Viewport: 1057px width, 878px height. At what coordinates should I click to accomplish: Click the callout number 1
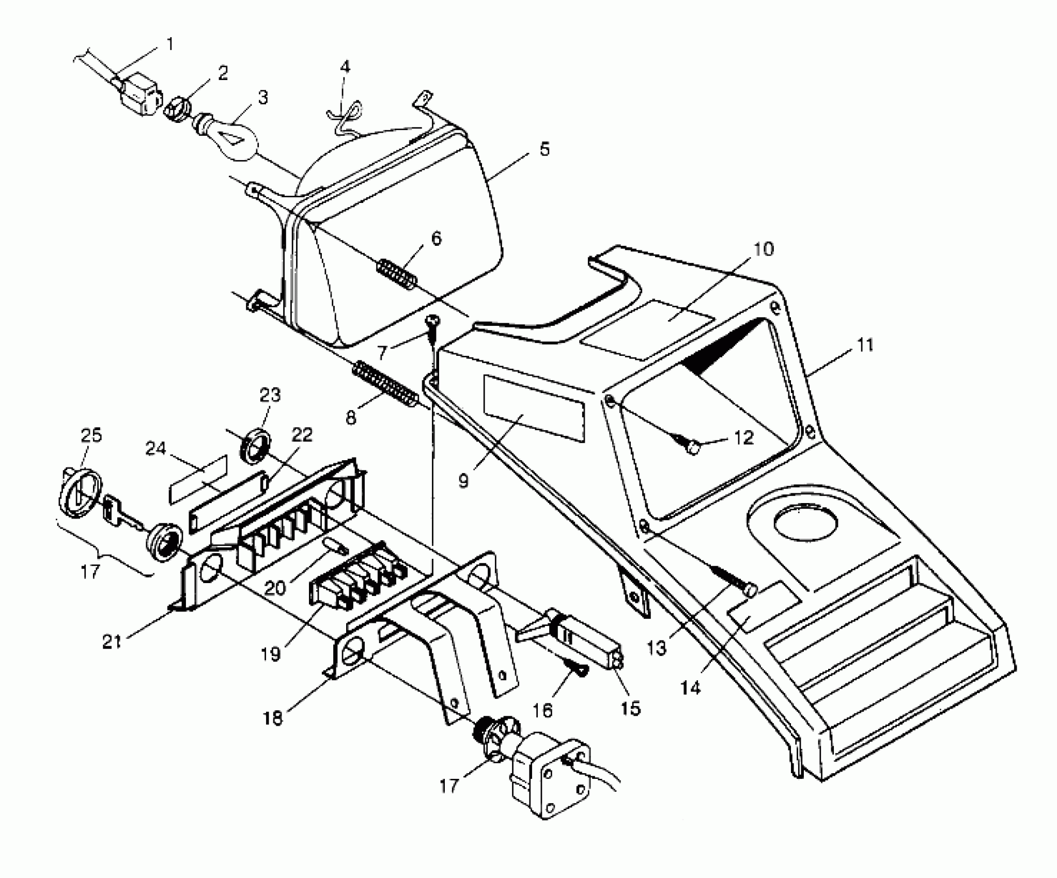[x=169, y=44]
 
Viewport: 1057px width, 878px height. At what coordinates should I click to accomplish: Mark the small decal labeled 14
[x=764, y=602]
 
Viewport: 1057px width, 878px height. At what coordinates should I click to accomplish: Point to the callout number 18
[x=273, y=718]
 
